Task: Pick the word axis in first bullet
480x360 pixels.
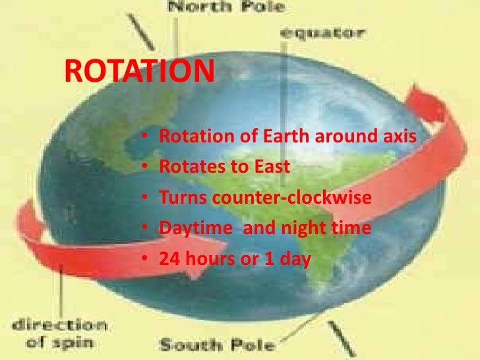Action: tap(401, 138)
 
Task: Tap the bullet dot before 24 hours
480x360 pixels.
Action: tap(145, 260)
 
